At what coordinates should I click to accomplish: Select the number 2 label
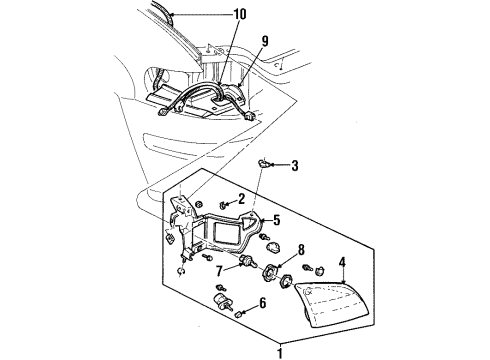click(x=240, y=200)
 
